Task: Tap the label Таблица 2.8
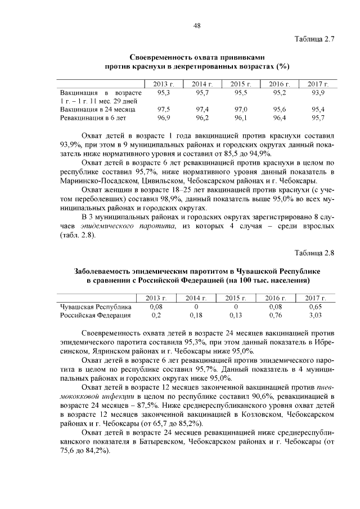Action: pyautogui.click(x=314, y=252)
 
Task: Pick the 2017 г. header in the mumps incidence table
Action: pyautogui.click(x=316, y=298)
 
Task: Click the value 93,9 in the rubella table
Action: pyautogui.click(x=318, y=91)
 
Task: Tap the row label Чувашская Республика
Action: pyautogui.click(x=96, y=307)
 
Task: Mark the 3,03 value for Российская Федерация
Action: pyautogui.click(x=316, y=316)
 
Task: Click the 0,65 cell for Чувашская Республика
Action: pyautogui.click(x=316, y=307)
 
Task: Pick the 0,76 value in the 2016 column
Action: pyautogui.click(x=276, y=316)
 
